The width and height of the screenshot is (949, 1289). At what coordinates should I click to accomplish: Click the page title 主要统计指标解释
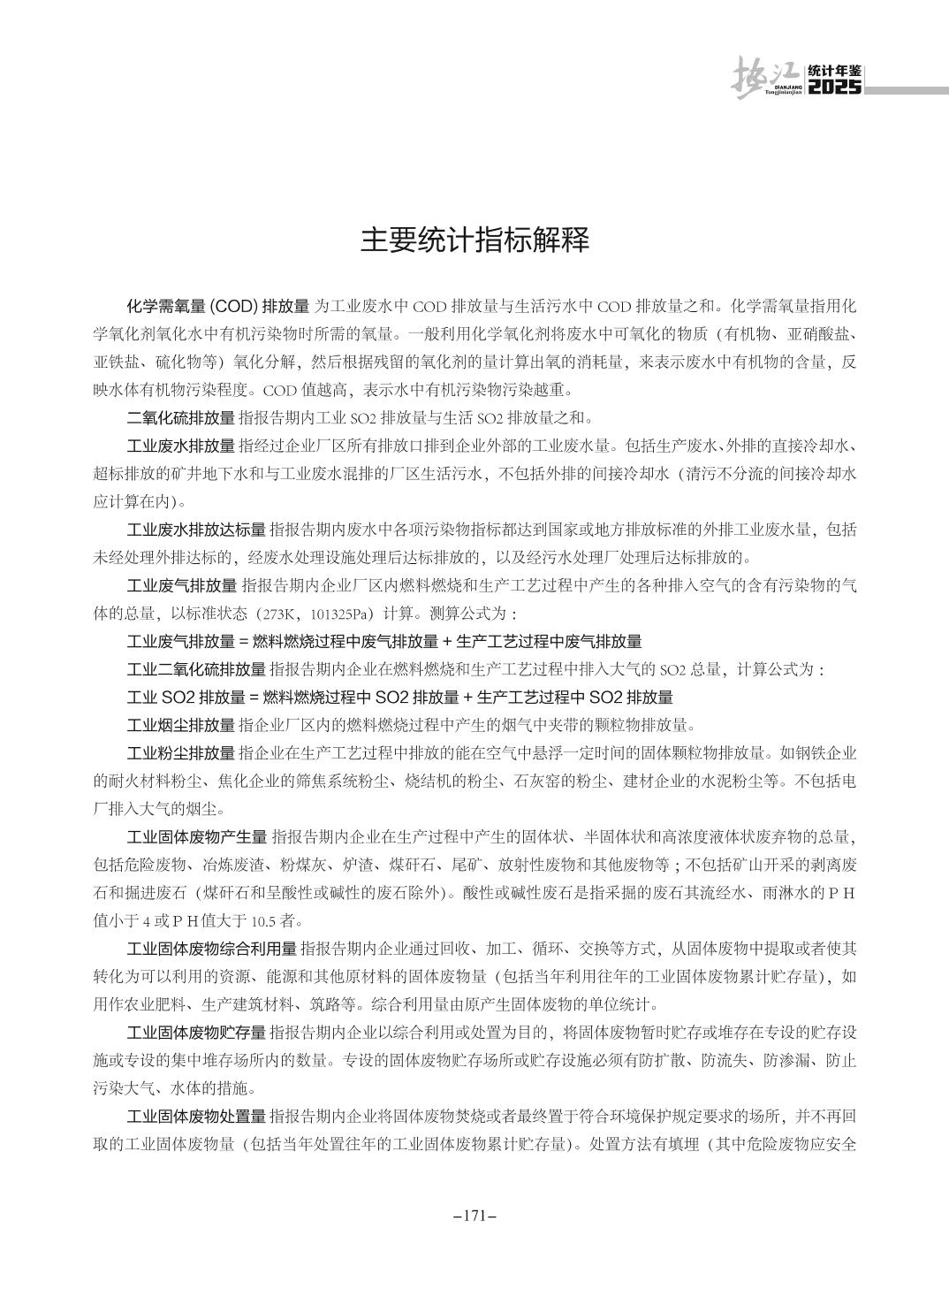click(x=474, y=240)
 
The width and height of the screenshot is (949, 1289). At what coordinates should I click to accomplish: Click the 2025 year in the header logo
click(x=834, y=88)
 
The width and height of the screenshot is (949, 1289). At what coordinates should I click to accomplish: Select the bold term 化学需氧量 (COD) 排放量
click(x=218, y=307)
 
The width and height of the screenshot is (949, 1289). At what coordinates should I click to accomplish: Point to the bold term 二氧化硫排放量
click(x=181, y=418)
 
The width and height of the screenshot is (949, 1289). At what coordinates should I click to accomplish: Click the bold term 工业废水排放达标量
click(x=196, y=530)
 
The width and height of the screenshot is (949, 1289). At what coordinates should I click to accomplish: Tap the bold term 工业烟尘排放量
click(x=181, y=726)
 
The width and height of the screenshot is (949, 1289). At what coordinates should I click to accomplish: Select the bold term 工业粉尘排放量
click(x=181, y=753)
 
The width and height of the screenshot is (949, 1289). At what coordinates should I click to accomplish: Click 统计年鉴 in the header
click(x=834, y=72)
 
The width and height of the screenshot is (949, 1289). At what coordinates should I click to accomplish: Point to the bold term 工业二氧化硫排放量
click(x=196, y=669)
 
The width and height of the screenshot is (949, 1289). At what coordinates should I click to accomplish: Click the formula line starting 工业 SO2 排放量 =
click(x=399, y=698)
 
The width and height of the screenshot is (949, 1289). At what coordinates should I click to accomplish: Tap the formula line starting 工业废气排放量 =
click(x=384, y=642)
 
